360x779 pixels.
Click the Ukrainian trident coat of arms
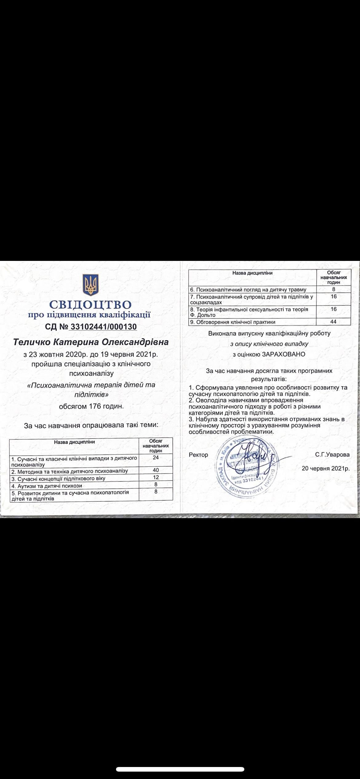[x=90, y=285]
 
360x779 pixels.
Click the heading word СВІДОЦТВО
[x=90, y=305]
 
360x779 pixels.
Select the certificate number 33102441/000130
[x=103, y=326]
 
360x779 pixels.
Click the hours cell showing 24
[x=156, y=457]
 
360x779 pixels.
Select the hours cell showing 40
[x=156, y=470]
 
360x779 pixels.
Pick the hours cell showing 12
[x=156, y=477]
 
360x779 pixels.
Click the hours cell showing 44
[x=334, y=322]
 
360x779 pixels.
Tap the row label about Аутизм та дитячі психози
[x=47, y=486]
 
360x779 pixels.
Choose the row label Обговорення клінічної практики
[x=233, y=322]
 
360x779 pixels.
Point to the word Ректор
[x=198, y=455]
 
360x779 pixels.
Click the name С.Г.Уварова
[x=332, y=454]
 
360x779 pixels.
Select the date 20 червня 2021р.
[x=326, y=469]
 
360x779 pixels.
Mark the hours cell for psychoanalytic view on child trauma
[x=334, y=289]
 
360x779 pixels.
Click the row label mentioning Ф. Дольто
[x=249, y=312]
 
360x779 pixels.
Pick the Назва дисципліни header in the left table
[x=74, y=442]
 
